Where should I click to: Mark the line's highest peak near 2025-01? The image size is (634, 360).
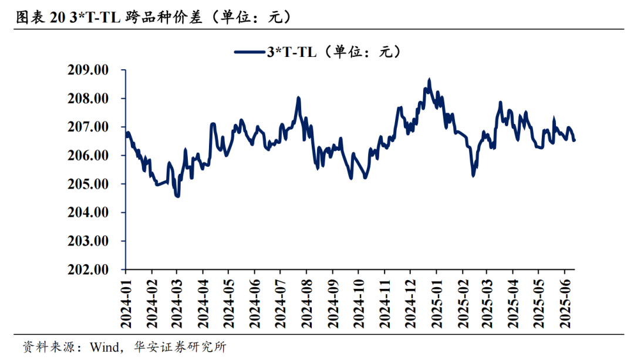pyautogui.click(x=430, y=79)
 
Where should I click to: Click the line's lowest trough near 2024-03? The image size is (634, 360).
pyautogui.click(x=177, y=196)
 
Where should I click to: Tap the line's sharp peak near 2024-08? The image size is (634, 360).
pyautogui.click(x=299, y=98)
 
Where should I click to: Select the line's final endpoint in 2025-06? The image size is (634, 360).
pyautogui.click(x=574, y=140)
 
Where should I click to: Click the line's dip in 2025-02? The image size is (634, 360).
pyautogui.click(x=473, y=175)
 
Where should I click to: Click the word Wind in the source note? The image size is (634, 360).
pyautogui.click(x=103, y=347)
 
